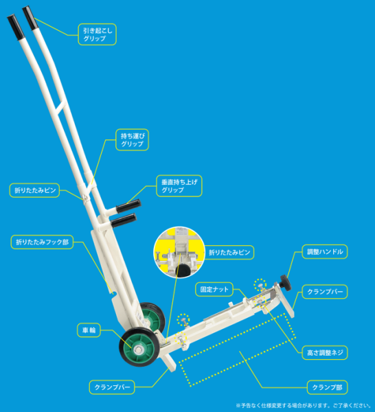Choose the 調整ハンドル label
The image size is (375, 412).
click(325, 252)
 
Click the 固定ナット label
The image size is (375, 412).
click(215, 289)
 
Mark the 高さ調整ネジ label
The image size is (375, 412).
click(326, 352)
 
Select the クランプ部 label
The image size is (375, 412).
click(326, 388)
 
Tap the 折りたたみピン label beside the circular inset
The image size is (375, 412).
click(229, 253)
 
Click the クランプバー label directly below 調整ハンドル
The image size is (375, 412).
click(325, 292)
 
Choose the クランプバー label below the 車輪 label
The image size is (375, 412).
click(111, 388)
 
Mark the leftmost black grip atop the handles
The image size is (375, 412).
click(15, 28)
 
